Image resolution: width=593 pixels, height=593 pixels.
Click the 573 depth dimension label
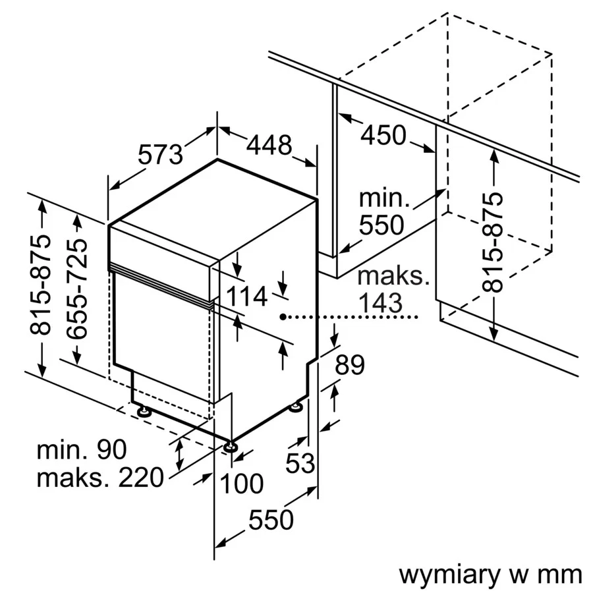pyautogui.click(x=160, y=155)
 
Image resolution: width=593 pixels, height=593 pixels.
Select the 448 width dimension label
pyautogui.click(x=269, y=145)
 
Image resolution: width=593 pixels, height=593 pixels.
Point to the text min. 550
pyautogui.click(x=381, y=211)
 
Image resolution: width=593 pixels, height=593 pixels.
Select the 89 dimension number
pyautogui.click(x=349, y=364)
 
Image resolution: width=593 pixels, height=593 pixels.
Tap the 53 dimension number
pyautogui.click(x=300, y=463)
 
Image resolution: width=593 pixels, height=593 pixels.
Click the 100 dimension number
pyautogui.click(x=241, y=484)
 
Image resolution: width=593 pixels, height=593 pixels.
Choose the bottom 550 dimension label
pyautogui.click(x=271, y=520)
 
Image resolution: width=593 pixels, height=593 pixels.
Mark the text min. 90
pyautogui.click(x=82, y=450)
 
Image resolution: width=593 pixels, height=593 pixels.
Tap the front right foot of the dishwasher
pyautogui.click(x=230, y=447)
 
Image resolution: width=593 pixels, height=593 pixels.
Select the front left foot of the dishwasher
pyautogui.click(x=142, y=412)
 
